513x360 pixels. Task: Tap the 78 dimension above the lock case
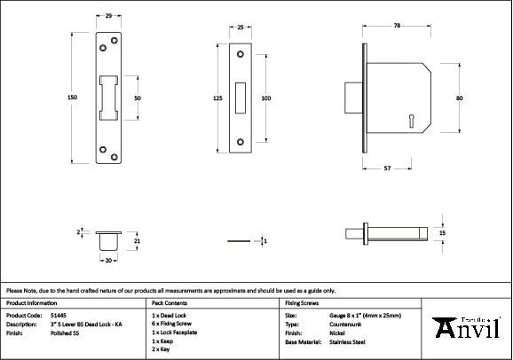coord(396,27)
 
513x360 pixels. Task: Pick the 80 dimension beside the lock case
coord(458,98)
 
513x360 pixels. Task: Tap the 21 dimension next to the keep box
coord(137,240)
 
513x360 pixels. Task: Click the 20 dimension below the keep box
coord(108,261)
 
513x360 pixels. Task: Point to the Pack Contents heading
coord(170,302)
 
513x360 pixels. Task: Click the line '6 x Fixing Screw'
coord(174,324)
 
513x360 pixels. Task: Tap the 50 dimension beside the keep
coord(138,98)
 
